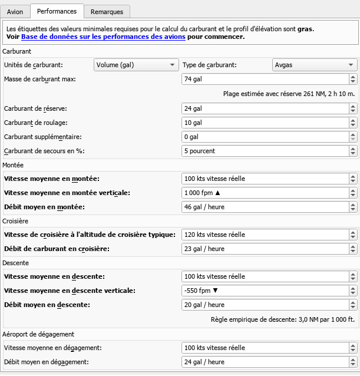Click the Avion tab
15,11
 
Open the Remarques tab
107,11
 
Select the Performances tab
57,11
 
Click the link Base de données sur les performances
103,37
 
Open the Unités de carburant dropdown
136,65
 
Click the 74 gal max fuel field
265,80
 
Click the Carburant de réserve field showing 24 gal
265,108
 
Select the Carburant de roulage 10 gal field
265,123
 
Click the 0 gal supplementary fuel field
265,137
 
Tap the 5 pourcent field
265,151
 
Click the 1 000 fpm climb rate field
265,193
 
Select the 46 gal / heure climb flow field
265,207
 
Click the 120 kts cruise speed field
265,235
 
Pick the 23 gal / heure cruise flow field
265,249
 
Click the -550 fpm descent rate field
265,291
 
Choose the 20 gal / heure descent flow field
265,305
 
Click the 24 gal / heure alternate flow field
265,362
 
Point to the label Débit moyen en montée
44,207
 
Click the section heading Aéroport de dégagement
38,334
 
